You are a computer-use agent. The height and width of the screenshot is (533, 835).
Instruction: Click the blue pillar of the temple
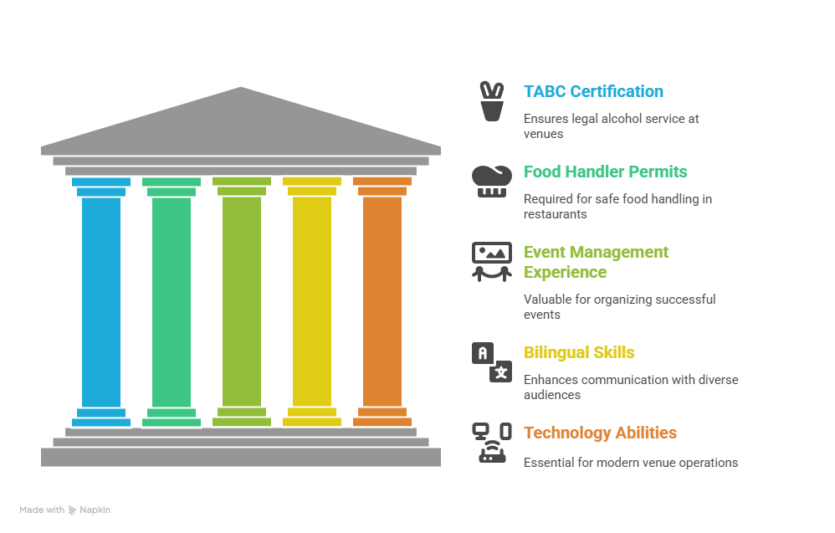pos(101,302)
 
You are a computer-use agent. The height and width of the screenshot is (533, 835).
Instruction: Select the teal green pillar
pos(172,302)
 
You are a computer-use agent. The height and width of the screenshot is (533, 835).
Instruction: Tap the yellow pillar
pos(312,302)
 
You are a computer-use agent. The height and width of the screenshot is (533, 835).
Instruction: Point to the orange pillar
pos(382,302)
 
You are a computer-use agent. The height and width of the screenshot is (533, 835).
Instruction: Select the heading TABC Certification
pos(593,91)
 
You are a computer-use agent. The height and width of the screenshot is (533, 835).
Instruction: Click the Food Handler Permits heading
pos(606,172)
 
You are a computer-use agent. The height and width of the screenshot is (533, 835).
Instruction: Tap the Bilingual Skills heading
pos(579,352)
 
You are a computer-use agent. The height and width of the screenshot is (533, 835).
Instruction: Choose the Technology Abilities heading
pos(600,433)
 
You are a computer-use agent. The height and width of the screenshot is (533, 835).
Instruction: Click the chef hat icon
pos(491,182)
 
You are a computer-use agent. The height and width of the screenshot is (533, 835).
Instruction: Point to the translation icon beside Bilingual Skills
pos(491,362)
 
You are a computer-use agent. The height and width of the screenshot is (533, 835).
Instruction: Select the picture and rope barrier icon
pos(491,262)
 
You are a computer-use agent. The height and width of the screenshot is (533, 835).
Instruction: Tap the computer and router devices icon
pos(491,443)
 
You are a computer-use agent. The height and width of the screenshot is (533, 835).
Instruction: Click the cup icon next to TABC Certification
pos(491,101)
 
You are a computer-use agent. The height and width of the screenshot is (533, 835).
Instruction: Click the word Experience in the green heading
pos(565,272)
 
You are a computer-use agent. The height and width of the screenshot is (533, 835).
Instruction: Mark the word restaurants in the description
pos(555,214)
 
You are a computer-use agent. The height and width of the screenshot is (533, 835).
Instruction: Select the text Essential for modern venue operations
pos(631,463)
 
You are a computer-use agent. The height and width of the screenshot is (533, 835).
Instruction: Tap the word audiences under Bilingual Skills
pos(551,395)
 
